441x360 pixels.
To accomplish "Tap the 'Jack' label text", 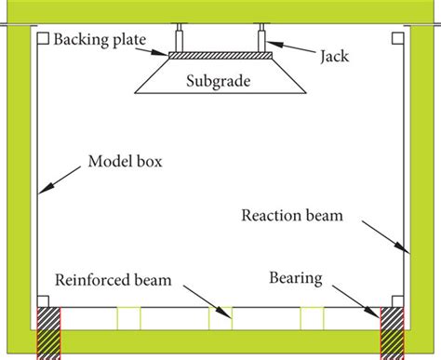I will (x=336, y=55).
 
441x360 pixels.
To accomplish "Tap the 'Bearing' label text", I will (x=295, y=276).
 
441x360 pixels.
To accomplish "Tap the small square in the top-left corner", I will (x=44, y=39).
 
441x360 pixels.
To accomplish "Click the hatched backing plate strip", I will (x=219, y=55).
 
